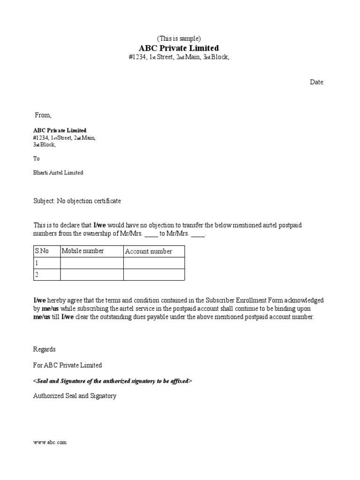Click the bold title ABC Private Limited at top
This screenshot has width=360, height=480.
(179, 48)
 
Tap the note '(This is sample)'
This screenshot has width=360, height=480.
(178, 39)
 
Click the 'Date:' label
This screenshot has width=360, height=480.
(317, 82)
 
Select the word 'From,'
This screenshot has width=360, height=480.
(44, 115)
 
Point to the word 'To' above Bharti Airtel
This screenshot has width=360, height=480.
(37, 159)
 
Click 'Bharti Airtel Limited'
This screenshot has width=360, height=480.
(58, 172)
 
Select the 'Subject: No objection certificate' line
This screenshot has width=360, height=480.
(77, 201)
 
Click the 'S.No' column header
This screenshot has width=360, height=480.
(42, 251)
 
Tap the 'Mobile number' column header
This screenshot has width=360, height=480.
(83, 251)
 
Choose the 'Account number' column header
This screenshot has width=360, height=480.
(149, 251)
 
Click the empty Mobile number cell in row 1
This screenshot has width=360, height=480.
(92, 263)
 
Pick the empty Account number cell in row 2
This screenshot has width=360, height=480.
(154, 275)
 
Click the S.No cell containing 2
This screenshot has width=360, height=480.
(46, 275)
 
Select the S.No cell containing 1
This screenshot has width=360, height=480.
(46, 263)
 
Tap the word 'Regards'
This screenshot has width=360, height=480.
(45, 349)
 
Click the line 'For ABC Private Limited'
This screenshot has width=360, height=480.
(67, 365)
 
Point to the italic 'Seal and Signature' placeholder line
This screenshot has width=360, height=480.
(112, 381)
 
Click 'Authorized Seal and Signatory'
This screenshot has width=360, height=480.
(75, 396)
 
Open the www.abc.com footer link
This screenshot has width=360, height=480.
(50, 442)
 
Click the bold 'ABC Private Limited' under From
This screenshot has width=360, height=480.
(60, 130)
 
